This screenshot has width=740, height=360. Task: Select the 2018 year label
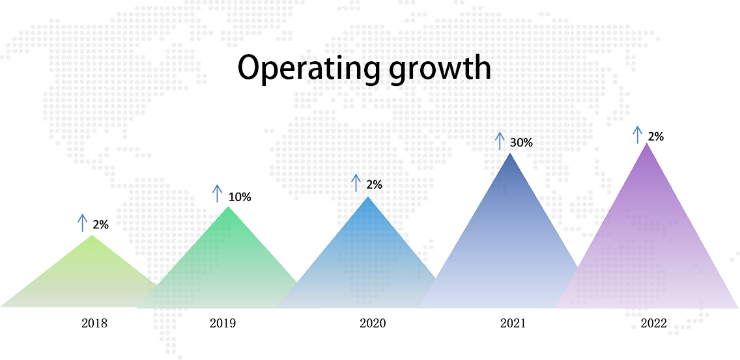tap(94, 323)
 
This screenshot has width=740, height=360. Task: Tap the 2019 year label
tap(223, 323)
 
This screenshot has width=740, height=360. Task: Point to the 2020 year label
tap(373, 323)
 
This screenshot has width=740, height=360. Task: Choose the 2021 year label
tap(512, 323)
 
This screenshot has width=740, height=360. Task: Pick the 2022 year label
tap(653, 323)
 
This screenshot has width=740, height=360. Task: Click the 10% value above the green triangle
tap(240, 197)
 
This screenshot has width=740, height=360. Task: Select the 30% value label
tap(521, 142)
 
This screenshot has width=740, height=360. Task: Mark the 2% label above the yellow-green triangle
tap(100, 225)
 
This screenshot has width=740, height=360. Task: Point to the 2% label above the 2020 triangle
tap(374, 184)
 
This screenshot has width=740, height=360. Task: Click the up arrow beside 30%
tap(500, 141)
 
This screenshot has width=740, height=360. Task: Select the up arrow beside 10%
tap(217, 194)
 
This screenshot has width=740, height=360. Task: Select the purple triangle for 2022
tap(647, 241)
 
